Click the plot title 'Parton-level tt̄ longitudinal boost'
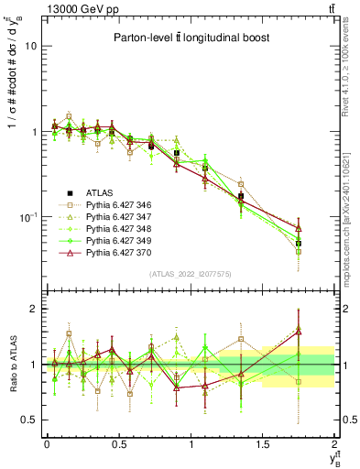[x=190, y=38]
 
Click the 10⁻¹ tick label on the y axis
[x=27, y=217]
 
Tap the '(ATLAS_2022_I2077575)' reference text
[x=191, y=274]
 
